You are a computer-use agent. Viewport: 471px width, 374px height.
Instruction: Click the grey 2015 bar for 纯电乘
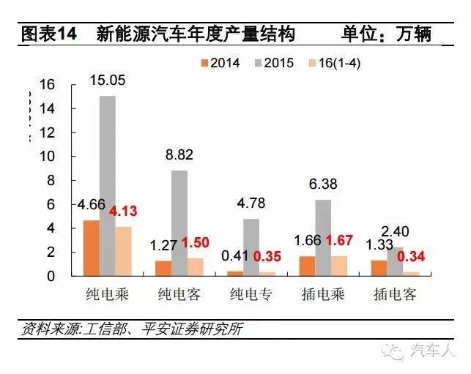point(108,186)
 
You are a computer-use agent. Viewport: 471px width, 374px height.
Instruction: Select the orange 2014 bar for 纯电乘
point(91,248)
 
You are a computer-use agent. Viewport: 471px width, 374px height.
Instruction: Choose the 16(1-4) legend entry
point(331,63)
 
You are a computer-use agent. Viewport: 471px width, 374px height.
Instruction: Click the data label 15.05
point(108,78)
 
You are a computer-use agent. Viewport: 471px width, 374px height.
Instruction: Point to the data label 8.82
point(179,154)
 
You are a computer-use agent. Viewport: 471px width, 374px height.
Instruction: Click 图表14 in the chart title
point(48,34)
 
